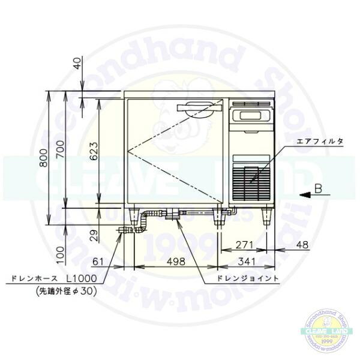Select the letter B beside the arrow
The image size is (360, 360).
point(320,189)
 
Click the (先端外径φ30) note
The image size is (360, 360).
point(53,290)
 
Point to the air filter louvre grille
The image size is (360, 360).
point(252,180)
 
